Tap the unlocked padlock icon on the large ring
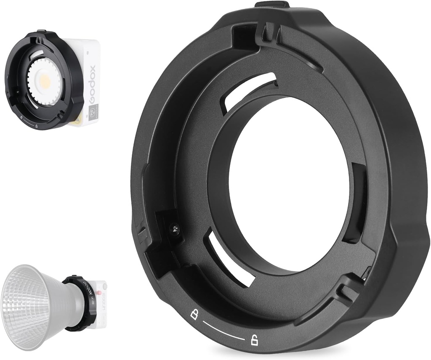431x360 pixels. pos(254,340)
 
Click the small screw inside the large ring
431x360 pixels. pos(174,229)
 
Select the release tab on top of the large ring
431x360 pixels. pos(272,5)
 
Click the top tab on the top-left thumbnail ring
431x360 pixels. pos(41,31)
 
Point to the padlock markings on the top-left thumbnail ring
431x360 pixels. pos(29,123)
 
